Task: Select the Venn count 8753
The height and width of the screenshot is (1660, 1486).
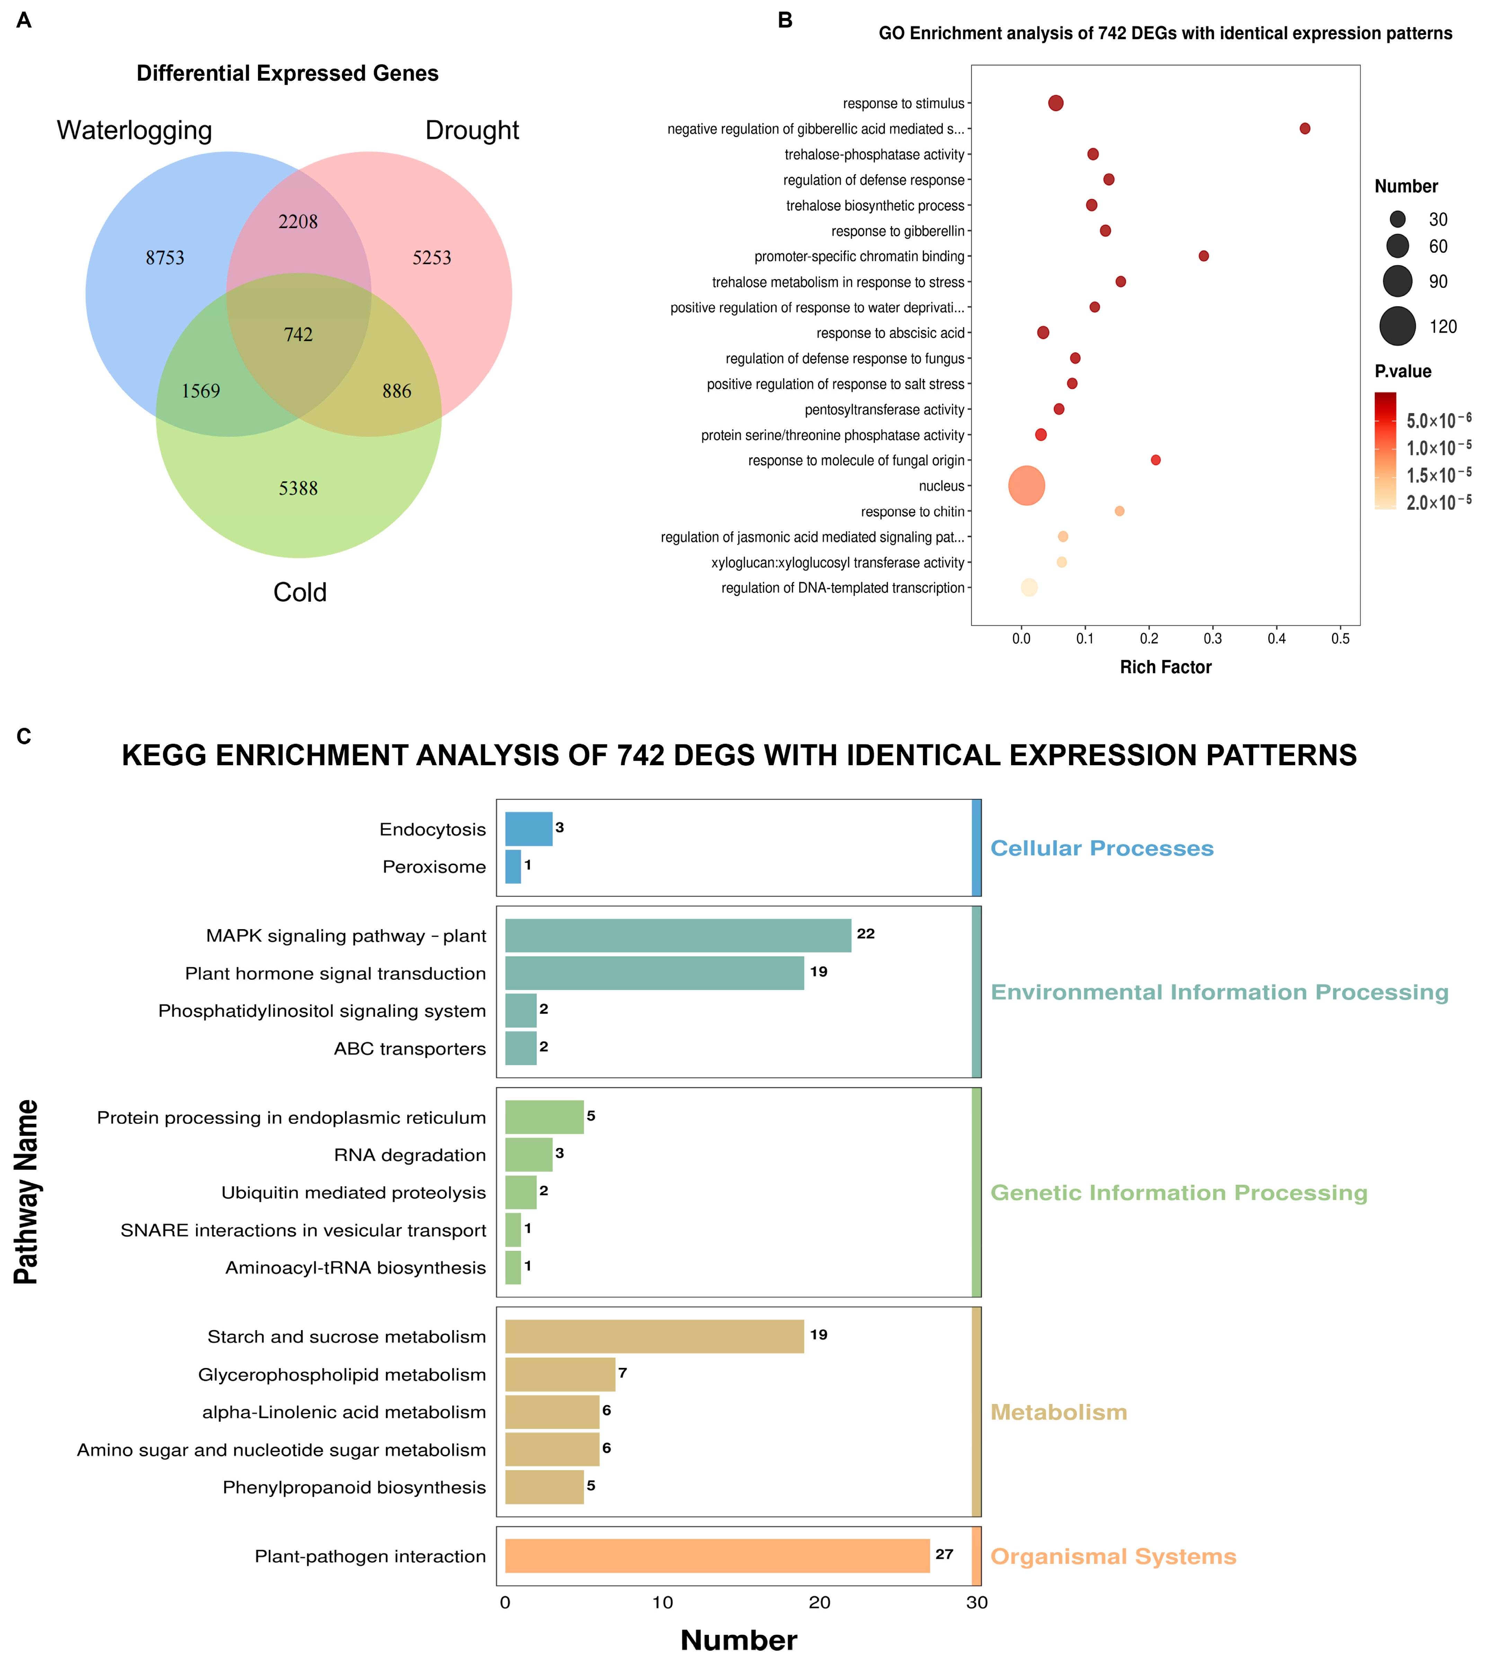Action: coord(165,258)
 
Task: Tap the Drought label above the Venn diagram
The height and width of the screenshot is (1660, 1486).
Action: coord(472,131)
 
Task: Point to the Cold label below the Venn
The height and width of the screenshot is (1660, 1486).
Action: coord(300,592)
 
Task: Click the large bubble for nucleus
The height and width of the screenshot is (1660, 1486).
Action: coord(1026,486)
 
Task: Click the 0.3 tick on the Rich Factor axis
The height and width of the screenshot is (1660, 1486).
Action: coord(1213,638)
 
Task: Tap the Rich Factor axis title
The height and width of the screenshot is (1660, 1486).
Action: coord(1165,667)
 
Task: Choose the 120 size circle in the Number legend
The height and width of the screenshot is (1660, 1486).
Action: coord(1398,327)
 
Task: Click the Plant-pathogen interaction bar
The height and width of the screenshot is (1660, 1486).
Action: coord(717,1555)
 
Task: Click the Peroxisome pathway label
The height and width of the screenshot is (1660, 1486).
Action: coord(434,867)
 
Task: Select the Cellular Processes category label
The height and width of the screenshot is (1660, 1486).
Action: coord(1102,848)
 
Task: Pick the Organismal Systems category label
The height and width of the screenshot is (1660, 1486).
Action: coord(1113,1556)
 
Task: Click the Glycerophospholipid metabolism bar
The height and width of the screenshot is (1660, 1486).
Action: coord(560,1374)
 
